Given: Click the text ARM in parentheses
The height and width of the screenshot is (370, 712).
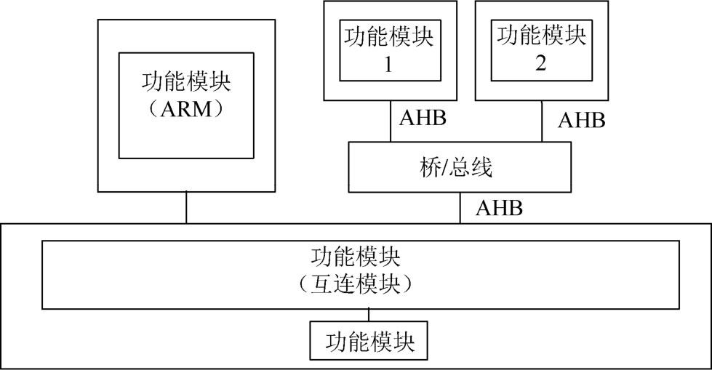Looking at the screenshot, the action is click(x=187, y=110).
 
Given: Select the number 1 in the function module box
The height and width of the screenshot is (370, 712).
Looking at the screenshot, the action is click(x=388, y=65).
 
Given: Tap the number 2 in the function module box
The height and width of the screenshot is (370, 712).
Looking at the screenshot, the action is click(x=540, y=63).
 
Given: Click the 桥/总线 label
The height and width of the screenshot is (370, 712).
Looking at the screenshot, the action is click(x=455, y=168).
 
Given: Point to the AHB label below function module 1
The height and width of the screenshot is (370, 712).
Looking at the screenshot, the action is click(x=423, y=118).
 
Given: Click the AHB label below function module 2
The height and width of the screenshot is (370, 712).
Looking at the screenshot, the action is click(x=582, y=121).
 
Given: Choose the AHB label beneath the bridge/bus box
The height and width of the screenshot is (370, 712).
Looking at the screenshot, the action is click(x=499, y=208).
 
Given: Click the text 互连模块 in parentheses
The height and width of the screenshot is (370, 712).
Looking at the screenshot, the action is click(x=356, y=284).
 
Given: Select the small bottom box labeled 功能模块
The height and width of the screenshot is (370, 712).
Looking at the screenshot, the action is click(x=369, y=340).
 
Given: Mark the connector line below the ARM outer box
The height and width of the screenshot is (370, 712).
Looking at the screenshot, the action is click(x=186, y=207).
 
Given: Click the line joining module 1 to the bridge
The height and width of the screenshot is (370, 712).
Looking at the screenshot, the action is click(x=390, y=121).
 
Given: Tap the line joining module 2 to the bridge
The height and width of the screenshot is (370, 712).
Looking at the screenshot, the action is click(x=542, y=121).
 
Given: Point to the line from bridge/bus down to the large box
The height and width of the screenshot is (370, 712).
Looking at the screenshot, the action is click(x=460, y=207).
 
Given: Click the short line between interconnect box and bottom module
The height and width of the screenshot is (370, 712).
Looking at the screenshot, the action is click(x=369, y=315).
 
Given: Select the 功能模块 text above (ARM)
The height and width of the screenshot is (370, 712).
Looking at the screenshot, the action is click(x=187, y=81).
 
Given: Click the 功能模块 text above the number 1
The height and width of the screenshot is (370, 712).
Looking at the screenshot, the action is click(x=388, y=37).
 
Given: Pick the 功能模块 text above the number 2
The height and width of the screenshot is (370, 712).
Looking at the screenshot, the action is click(x=541, y=36).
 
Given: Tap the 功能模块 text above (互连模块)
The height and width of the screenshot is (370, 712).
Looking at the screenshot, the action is click(x=356, y=257).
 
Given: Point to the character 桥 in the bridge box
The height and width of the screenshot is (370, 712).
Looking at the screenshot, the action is click(x=428, y=168).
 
